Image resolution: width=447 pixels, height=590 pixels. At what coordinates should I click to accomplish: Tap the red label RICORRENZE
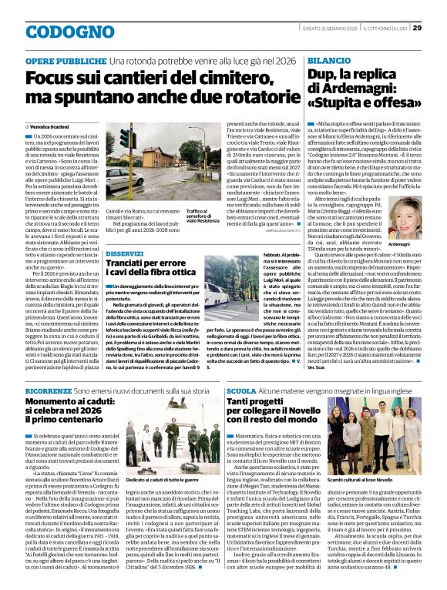pyautogui.click(x=47, y=391)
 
